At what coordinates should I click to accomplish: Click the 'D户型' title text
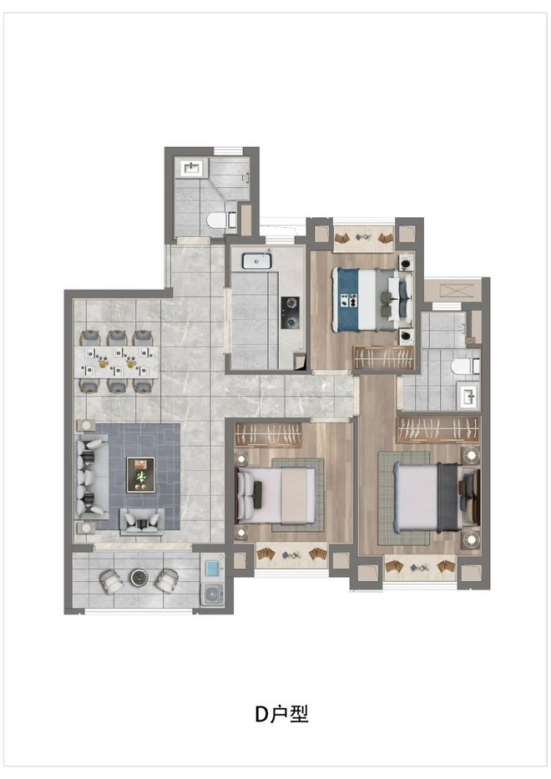click(281, 713)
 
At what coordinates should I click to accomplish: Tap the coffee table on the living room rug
click(140, 475)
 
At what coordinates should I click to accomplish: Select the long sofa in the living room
click(93, 475)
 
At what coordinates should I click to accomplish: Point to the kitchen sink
click(257, 261)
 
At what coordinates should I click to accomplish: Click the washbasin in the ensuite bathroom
click(468, 397)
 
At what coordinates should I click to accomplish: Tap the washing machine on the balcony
click(214, 594)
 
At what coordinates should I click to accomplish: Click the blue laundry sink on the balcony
click(213, 569)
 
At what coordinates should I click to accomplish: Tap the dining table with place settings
click(119, 362)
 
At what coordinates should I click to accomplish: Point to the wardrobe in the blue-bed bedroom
click(384, 357)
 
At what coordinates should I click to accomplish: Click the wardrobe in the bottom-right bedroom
click(438, 429)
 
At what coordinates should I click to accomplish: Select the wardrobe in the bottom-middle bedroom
click(268, 435)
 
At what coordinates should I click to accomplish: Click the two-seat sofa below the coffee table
click(142, 522)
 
